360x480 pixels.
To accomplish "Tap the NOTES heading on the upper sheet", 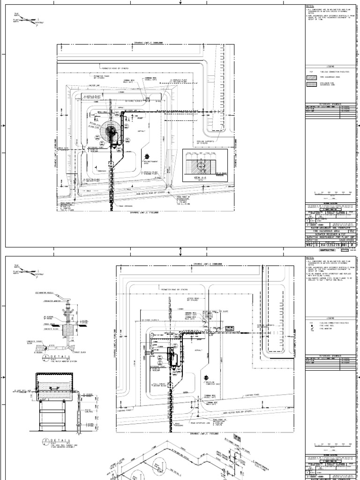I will pos(309,6).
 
